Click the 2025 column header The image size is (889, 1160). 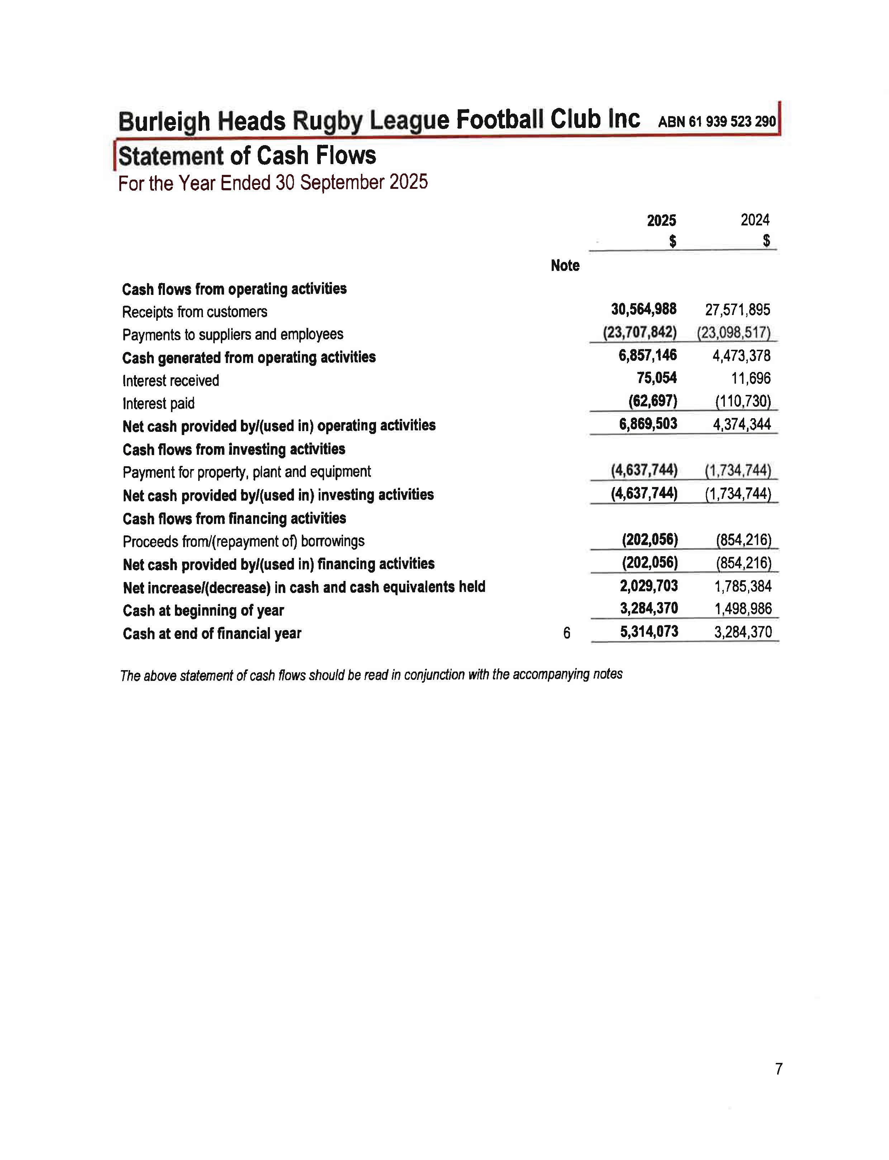pos(661,221)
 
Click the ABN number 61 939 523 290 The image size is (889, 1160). pos(717,121)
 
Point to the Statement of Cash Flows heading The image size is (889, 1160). pos(247,156)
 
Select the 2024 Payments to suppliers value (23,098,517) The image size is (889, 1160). pos(733,333)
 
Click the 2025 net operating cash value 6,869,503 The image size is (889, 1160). pos(648,424)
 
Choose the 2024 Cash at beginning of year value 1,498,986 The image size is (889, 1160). pos(743,609)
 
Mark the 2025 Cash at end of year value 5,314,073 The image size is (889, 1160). pos(649,631)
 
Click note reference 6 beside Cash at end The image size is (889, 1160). pos(567,633)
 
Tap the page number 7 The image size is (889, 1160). pos(778,1070)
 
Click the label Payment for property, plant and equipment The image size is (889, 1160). pos(247,472)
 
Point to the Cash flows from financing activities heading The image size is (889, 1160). pos(234,519)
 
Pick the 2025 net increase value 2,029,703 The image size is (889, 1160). pos(649,586)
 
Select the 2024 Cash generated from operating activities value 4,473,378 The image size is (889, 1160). pos(741,355)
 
